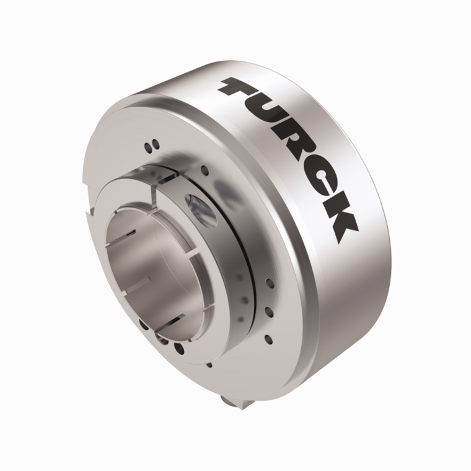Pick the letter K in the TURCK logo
click(x=340, y=223)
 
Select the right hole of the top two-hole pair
click(x=156, y=144)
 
